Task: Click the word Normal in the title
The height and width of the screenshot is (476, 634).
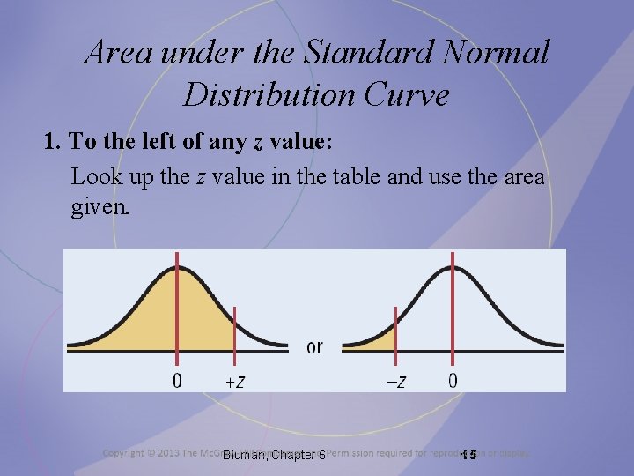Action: coord(500,53)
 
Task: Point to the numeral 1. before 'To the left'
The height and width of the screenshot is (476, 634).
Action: coord(52,143)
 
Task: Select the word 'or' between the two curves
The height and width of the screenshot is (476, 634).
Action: coord(314,346)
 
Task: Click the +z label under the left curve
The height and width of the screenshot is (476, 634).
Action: coord(235,381)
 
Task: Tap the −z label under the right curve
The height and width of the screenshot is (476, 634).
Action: coord(396,381)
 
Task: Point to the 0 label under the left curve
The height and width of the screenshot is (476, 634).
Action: coord(177,381)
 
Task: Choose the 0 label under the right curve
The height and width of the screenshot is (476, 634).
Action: coord(453,381)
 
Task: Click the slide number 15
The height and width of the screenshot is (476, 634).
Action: coord(468,455)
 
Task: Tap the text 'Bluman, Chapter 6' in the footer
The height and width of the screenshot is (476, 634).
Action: coord(274,455)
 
